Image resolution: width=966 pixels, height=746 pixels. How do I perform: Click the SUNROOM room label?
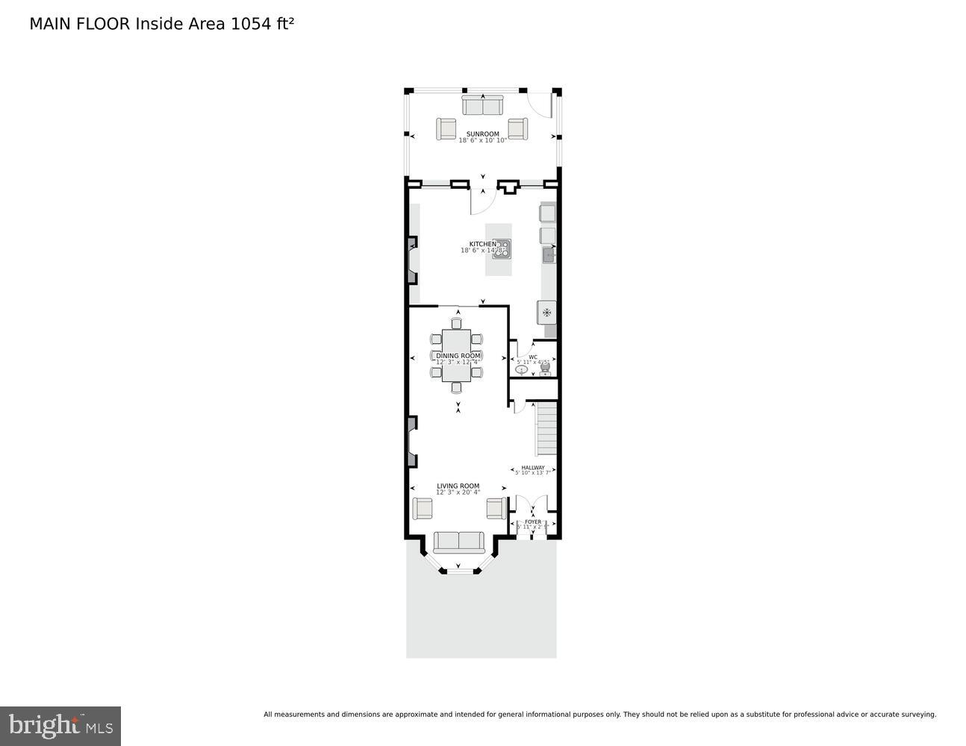482,134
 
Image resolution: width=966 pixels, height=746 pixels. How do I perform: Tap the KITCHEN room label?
482,245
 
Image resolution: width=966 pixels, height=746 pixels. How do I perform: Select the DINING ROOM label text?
458,356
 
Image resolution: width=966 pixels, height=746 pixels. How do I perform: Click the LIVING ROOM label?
458,486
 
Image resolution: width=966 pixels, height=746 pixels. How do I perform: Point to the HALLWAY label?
532,468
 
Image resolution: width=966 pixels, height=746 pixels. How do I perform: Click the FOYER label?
532,522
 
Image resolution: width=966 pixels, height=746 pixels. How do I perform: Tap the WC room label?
532,357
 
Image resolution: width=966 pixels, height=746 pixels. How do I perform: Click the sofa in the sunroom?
482,105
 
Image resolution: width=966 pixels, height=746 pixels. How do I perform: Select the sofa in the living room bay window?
458,542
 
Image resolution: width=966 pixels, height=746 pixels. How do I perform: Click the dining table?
456,357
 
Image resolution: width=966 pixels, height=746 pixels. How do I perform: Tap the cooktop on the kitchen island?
502,248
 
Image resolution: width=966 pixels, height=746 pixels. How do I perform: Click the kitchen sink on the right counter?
549,256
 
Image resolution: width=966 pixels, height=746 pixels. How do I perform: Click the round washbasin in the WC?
522,369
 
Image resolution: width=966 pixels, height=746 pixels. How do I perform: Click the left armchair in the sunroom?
446,129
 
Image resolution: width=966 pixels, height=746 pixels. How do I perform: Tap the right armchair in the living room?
496,509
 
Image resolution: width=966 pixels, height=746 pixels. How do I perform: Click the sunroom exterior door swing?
539,104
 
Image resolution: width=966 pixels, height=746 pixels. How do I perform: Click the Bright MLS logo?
60,726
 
